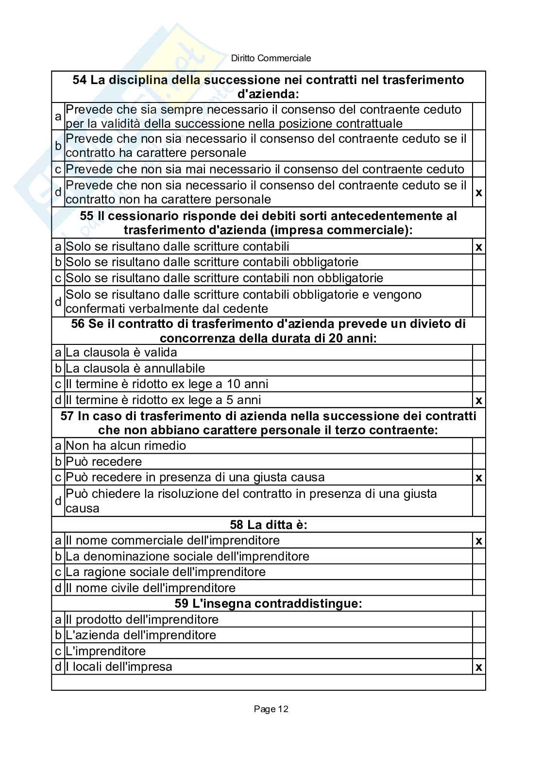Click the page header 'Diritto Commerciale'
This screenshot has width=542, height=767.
coord(271,58)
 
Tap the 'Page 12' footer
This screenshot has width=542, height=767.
coord(271,709)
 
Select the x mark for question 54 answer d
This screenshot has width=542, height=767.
coord(479,193)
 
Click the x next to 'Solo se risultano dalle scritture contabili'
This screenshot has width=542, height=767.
coord(479,247)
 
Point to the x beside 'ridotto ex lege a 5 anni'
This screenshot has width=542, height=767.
coord(479,401)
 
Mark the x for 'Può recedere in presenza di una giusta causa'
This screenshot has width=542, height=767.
coord(479,477)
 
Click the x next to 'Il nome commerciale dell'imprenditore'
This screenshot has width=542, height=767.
coord(479,541)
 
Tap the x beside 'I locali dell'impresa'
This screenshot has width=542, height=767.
coord(479,667)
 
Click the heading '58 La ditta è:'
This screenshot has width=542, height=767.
coord(269,525)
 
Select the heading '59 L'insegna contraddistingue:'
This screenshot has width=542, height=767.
coord(269,604)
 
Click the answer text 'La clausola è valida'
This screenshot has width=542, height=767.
coord(121,352)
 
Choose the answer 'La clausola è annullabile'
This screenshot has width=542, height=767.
coord(135,368)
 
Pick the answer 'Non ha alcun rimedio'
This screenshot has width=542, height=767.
coord(126,445)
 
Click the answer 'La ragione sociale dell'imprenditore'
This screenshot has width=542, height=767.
coord(166,572)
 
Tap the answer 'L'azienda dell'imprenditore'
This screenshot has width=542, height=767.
coord(141,635)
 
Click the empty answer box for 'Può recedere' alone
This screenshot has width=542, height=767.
coord(479,461)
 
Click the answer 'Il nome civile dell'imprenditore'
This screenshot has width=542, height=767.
coord(151,588)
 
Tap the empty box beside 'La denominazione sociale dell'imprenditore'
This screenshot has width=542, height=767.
coord(479,556)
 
